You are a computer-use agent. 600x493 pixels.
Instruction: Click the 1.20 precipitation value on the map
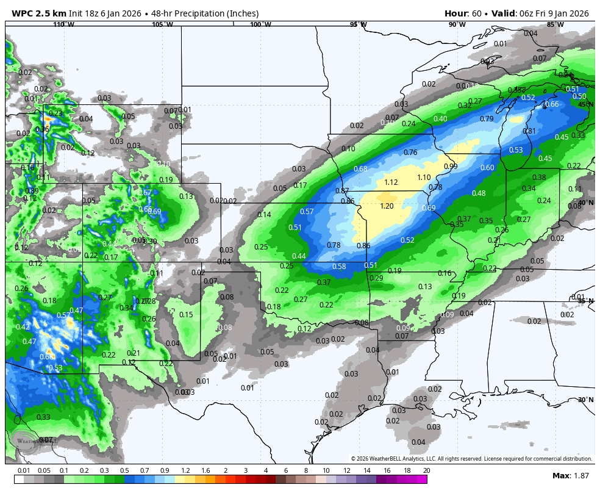387,206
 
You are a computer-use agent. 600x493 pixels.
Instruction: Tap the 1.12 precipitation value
391,182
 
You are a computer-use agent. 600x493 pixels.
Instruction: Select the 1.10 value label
424,178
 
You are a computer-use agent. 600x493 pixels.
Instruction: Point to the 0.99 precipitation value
451,167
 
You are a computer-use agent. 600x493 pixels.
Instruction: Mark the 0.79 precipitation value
487,119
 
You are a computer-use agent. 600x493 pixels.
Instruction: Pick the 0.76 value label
410,153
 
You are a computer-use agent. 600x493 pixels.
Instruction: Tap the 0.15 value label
186,315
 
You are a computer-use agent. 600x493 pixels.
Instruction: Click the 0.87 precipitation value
342,191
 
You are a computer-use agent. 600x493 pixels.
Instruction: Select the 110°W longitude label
63,24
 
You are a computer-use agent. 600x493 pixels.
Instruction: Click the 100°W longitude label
260,24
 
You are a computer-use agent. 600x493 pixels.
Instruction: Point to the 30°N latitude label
585,400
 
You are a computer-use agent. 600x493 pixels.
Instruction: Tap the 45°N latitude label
585,104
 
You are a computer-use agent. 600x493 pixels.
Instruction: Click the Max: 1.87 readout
570,475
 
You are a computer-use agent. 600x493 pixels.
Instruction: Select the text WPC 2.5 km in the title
39,13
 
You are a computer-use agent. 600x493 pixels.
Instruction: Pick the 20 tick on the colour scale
426,470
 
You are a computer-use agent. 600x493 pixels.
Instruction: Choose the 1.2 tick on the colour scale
185,470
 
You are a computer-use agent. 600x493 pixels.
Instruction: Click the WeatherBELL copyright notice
471,459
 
